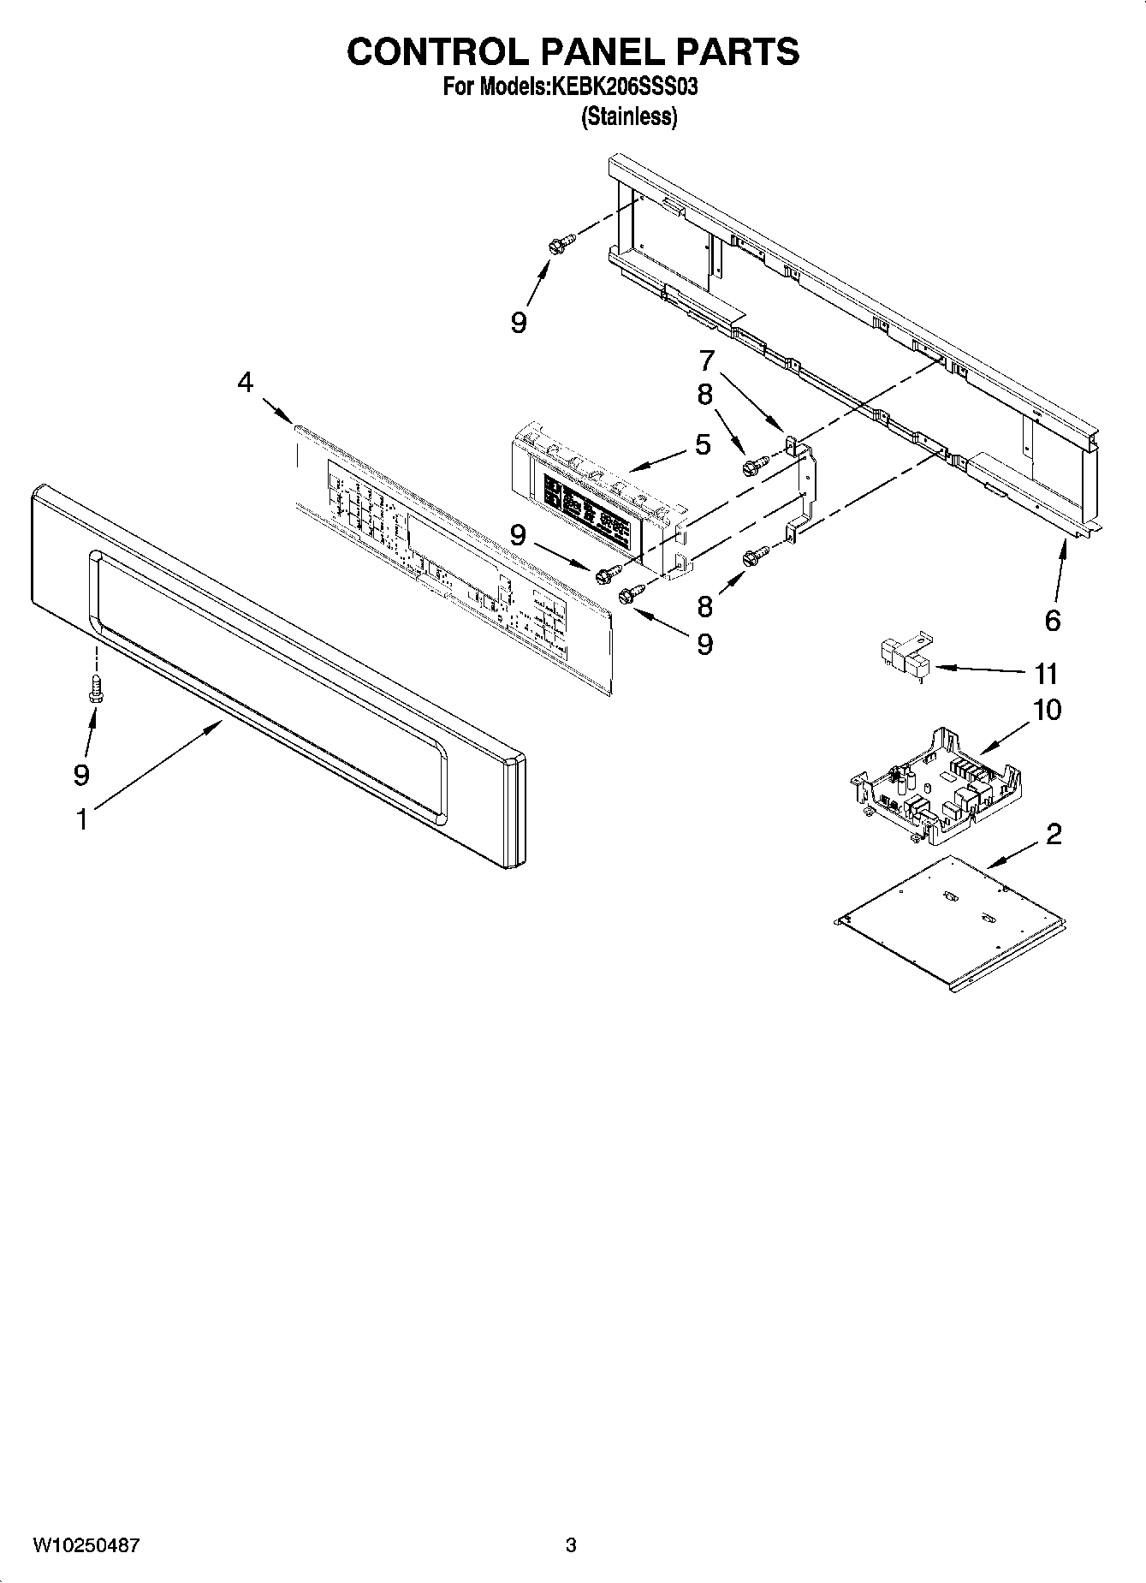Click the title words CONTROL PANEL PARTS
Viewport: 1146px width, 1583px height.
(573, 52)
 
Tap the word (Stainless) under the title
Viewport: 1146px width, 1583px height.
(629, 117)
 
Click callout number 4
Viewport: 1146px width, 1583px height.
(246, 383)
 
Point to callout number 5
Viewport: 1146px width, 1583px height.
(703, 444)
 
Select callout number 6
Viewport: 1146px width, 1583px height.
(1053, 621)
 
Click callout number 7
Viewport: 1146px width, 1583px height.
(707, 360)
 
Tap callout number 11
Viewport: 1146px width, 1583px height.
(1046, 674)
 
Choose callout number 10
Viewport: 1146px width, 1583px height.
(1048, 710)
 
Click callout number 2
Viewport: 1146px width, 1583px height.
(1054, 833)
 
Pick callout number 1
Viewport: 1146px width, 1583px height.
(81, 820)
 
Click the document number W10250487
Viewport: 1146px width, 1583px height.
(86, 1545)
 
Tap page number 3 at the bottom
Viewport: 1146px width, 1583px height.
(571, 1545)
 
